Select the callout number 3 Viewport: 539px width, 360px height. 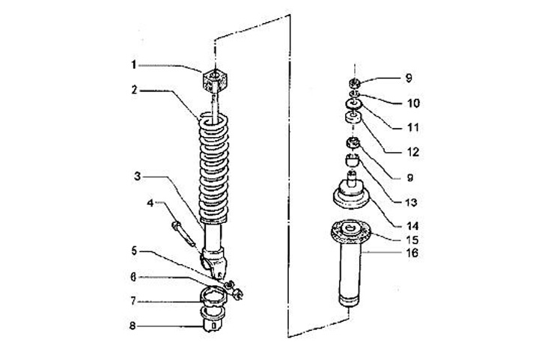tap(138, 177)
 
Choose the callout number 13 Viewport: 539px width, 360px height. tap(411, 202)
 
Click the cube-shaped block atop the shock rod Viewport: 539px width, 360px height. tap(215, 77)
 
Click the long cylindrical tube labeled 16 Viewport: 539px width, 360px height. tap(351, 269)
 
